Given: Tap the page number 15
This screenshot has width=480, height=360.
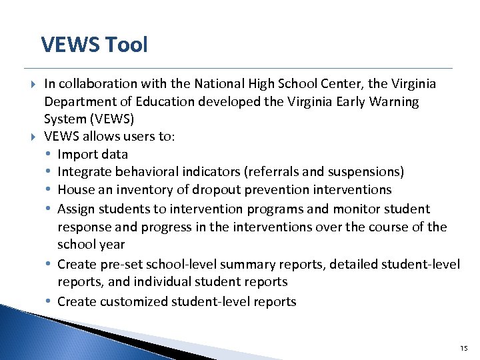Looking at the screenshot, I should (464, 348).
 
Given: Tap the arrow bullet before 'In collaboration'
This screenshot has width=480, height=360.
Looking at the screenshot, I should (33, 85).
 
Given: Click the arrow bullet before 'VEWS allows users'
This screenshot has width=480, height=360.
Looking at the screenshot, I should (33, 137).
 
